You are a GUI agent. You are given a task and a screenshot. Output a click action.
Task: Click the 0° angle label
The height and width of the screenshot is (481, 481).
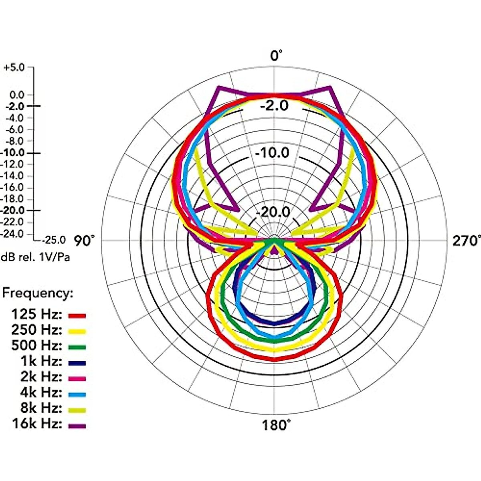[276, 55]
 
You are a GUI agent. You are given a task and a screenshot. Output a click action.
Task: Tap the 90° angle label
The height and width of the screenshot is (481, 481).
[84, 240]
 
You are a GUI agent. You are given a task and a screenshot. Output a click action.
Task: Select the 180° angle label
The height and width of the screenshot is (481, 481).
[276, 425]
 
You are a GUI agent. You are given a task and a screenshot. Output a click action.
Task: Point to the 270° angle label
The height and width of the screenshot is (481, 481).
[466, 241]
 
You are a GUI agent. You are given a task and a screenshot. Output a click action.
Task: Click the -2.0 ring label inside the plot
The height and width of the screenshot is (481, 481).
[274, 105]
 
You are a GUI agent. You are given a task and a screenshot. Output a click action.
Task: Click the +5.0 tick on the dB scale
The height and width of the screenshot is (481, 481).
[14, 68]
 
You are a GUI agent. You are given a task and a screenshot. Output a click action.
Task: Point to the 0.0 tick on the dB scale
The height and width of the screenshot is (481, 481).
[17, 95]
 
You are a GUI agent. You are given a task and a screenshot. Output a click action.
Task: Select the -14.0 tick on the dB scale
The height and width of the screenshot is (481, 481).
[12, 176]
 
